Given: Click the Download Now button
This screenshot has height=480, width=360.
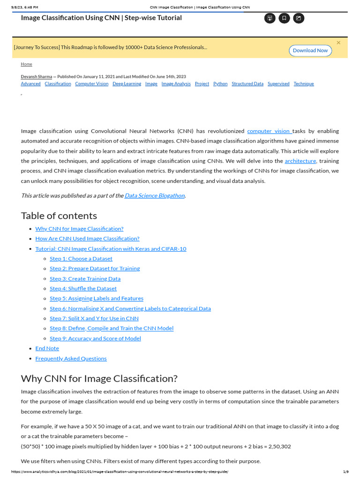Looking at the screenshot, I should (x=310, y=51).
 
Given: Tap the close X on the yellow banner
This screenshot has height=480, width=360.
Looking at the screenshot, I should (x=338, y=43).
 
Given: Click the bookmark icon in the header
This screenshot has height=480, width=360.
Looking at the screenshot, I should (x=284, y=18).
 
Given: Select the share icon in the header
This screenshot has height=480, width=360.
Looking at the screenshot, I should (x=299, y=18).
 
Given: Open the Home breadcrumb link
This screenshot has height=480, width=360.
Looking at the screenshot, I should (x=26, y=64).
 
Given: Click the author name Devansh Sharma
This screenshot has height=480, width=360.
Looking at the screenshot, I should (x=37, y=76).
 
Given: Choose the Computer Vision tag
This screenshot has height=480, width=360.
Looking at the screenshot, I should (x=91, y=84).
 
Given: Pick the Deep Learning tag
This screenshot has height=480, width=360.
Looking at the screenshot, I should (x=127, y=84).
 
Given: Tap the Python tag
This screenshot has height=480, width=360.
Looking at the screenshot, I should (x=220, y=84).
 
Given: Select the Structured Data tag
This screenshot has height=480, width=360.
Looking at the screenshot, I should (x=247, y=84).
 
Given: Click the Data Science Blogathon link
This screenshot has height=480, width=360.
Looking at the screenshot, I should (x=155, y=195).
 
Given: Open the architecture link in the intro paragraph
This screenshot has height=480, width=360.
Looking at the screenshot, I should (x=300, y=161).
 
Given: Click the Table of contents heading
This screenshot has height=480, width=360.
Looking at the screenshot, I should (x=59, y=216).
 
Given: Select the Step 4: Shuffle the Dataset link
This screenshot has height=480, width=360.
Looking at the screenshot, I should (x=83, y=288).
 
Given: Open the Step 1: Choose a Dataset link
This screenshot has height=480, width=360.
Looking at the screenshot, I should (x=81, y=258).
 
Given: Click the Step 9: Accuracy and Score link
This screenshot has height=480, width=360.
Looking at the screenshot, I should (x=95, y=338).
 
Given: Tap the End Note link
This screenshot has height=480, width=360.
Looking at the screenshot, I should (x=47, y=348).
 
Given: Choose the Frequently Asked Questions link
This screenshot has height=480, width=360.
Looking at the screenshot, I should (x=71, y=359).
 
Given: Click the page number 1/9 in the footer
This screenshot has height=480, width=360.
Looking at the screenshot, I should (x=346, y=472).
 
